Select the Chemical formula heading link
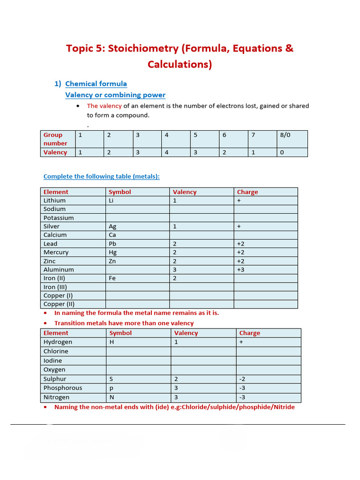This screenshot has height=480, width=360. tap(96, 84)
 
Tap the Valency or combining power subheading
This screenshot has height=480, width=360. tap(115, 95)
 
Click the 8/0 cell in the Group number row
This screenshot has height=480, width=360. tap(285, 135)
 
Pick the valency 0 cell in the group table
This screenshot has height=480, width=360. tap(282, 152)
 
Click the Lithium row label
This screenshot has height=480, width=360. tap(54, 201)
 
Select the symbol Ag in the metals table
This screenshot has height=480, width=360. tap(112, 226)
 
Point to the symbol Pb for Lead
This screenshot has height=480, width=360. tap(112, 244)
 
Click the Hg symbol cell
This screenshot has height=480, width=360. tap(112, 252)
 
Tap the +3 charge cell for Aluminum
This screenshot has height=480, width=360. tap(241, 270)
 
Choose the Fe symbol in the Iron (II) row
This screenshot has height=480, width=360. tap(112, 278)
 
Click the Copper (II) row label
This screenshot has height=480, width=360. tap(58, 304)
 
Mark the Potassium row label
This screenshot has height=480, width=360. tap(59, 218)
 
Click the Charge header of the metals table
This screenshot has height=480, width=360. tap(247, 192)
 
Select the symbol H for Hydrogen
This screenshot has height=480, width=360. tap(112, 342)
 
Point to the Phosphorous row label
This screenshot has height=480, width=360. tap(63, 388)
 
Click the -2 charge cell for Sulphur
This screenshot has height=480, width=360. tap(243, 379)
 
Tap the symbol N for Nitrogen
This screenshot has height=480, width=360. tap(112, 397)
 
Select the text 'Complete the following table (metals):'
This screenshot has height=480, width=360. tap(101, 177)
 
